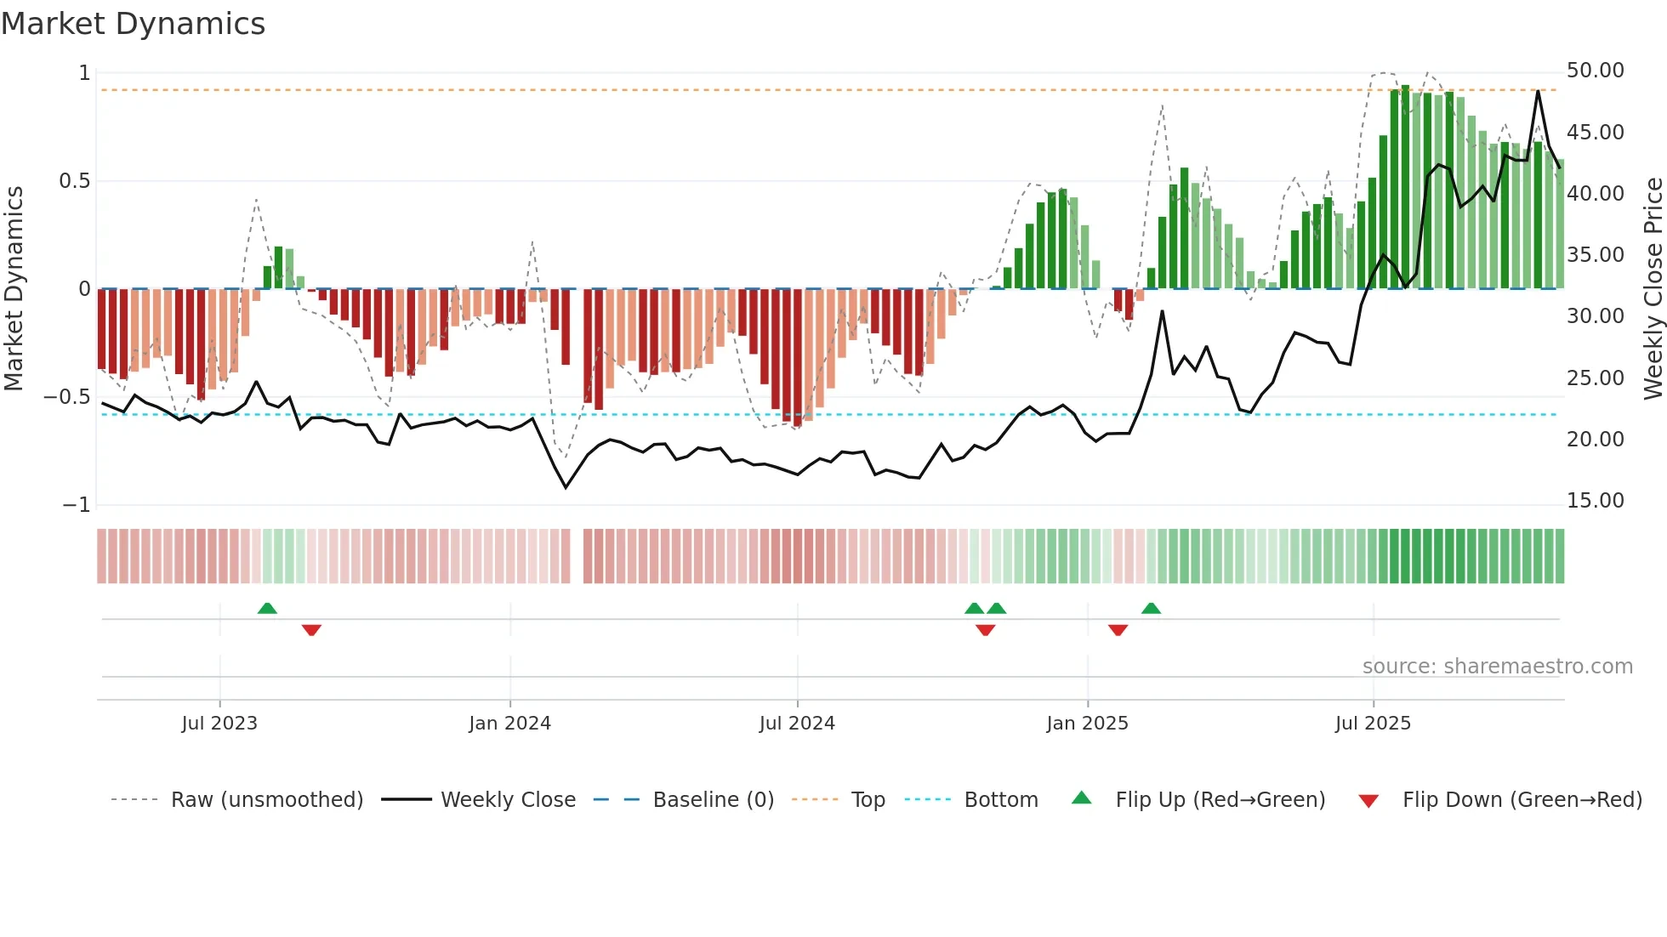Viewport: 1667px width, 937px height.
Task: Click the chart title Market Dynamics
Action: coord(133,24)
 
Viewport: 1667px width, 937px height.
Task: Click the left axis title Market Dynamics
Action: coord(14,288)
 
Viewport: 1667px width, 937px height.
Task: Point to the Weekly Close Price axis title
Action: coord(1653,288)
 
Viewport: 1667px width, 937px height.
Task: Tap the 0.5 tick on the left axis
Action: coord(74,181)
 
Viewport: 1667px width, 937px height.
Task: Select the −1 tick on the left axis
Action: coord(77,505)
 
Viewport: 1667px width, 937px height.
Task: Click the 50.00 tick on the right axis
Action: coord(1595,71)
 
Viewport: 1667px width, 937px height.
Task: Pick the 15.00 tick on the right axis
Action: coord(1595,501)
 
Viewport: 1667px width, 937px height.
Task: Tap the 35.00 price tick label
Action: coord(1595,255)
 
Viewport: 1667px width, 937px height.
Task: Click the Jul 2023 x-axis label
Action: coord(219,724)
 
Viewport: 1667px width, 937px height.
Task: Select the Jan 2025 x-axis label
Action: coord(1087,724)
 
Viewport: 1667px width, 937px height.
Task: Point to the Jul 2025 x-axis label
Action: coord(1373,724)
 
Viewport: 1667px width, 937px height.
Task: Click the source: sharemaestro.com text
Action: coord(1497,667)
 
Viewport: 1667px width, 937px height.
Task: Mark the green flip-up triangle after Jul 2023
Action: coord(267,608)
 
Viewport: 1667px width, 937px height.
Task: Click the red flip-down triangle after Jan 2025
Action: coord(1118,630)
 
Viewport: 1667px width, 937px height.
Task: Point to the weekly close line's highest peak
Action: coord(1538,91)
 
